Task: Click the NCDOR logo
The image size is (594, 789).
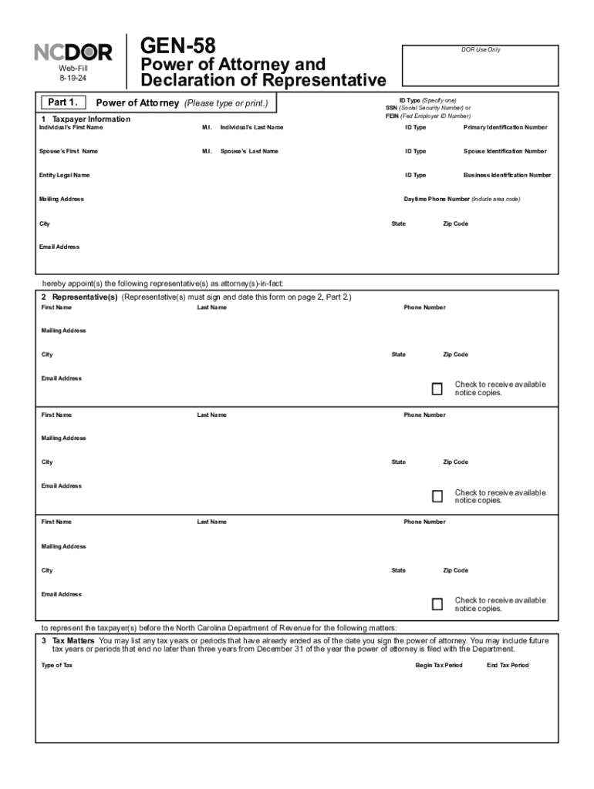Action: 73,52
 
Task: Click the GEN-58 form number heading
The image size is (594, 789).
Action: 177,45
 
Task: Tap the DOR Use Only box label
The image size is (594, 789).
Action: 481,49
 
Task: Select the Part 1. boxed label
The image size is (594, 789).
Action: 62,102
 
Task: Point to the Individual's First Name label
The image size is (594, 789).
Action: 71,127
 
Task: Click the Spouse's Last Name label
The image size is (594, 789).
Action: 249,151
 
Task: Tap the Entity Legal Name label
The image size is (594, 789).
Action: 64,175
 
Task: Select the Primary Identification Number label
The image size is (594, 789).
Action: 505,127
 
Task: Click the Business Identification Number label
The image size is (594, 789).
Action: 507,175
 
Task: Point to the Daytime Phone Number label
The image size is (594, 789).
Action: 437,199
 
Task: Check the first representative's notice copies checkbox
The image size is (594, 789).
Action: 437,388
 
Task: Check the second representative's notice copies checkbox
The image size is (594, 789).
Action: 437,496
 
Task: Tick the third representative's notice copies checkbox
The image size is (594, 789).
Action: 437,604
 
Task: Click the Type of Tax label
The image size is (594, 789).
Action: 57,665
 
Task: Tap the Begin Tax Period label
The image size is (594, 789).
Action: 439,665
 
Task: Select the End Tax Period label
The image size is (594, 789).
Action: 508,665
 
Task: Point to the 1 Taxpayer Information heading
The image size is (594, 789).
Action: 86,119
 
